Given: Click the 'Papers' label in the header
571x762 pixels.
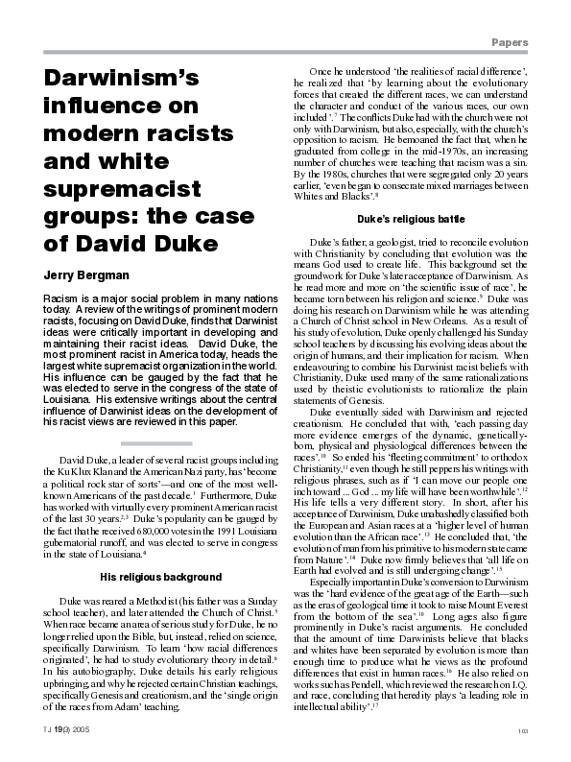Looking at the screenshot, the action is [527, 43].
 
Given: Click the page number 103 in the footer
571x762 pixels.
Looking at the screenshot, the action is [549, 731].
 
